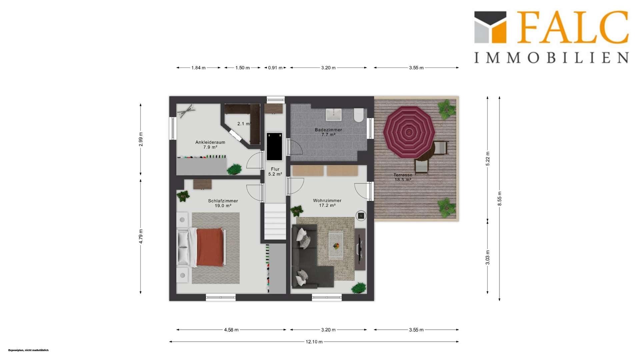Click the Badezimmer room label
328,132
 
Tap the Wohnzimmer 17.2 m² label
327,203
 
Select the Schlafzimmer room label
223,203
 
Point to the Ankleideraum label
210,145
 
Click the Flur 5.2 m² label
275,172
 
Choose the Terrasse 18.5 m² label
403,177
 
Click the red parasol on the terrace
409,132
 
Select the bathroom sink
334,114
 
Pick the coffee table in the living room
336,245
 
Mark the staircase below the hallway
275,221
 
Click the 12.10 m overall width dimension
314,342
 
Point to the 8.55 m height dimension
499,199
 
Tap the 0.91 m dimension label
275,68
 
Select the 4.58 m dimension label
231,330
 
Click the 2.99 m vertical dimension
141,139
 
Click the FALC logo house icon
490,27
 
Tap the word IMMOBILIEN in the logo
552,58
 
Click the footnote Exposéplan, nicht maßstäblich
28,350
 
